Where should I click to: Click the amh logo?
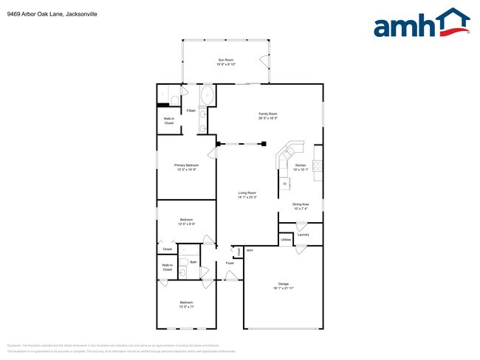click(422, 24)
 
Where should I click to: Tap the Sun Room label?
click(225, 60)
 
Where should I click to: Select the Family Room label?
click(267, 114)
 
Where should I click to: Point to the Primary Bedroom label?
click(185, 165)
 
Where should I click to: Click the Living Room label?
click(247, 193)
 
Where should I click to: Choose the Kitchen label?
click(301, 165)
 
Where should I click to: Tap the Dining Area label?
click(301, 204)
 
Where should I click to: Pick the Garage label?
click(283, 283)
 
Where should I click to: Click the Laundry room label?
click(303, 235)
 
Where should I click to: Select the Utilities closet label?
click(285, 240)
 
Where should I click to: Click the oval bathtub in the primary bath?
click(207, 97)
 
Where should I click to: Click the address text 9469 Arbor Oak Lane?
click(33, 14)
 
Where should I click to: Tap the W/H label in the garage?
click(250, 251)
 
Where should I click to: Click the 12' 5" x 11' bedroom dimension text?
click(185, 307)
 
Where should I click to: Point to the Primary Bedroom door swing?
click(212, 153)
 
